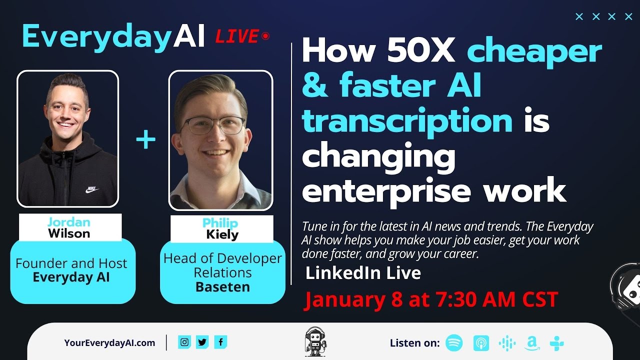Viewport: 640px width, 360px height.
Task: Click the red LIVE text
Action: [236, 36]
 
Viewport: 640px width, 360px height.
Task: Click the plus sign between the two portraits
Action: [146, 140]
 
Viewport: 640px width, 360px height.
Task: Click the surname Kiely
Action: [222, 234]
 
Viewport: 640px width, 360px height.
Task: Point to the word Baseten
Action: [222, 287]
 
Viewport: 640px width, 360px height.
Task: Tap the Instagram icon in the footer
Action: [184, 342]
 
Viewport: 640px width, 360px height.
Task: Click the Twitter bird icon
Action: [202, 342]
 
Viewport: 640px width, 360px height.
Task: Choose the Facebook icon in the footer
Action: [220, 342]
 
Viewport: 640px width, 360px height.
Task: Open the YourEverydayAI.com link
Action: [109, 343]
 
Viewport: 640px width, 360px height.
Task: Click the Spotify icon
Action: [454, 343]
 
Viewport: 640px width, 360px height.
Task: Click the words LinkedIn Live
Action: [363, 273]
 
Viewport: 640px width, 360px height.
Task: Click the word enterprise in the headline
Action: [386, 191]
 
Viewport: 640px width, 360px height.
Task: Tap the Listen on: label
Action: [414, 343]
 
